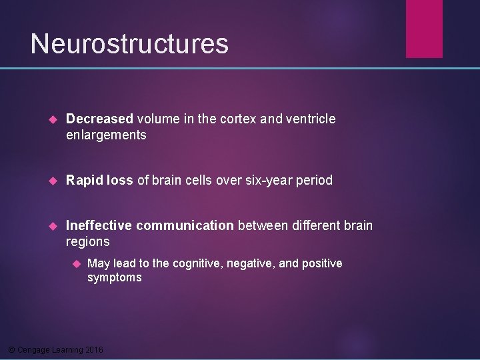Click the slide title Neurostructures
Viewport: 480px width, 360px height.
[129, 44]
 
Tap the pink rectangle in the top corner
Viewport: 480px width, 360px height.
[424, 28]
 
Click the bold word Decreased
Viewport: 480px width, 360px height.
[100, 119]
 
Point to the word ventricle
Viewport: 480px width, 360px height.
[311, 119]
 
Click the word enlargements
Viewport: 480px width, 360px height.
[106, 135]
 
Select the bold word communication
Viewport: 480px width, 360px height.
[184, 225]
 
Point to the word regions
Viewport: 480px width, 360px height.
[88, 242]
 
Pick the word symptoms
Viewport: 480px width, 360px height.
[115, 277]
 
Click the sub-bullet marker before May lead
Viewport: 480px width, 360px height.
[75, 264]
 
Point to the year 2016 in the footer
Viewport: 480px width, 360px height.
[94, 350]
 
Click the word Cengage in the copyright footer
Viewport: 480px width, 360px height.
[33, 350]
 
